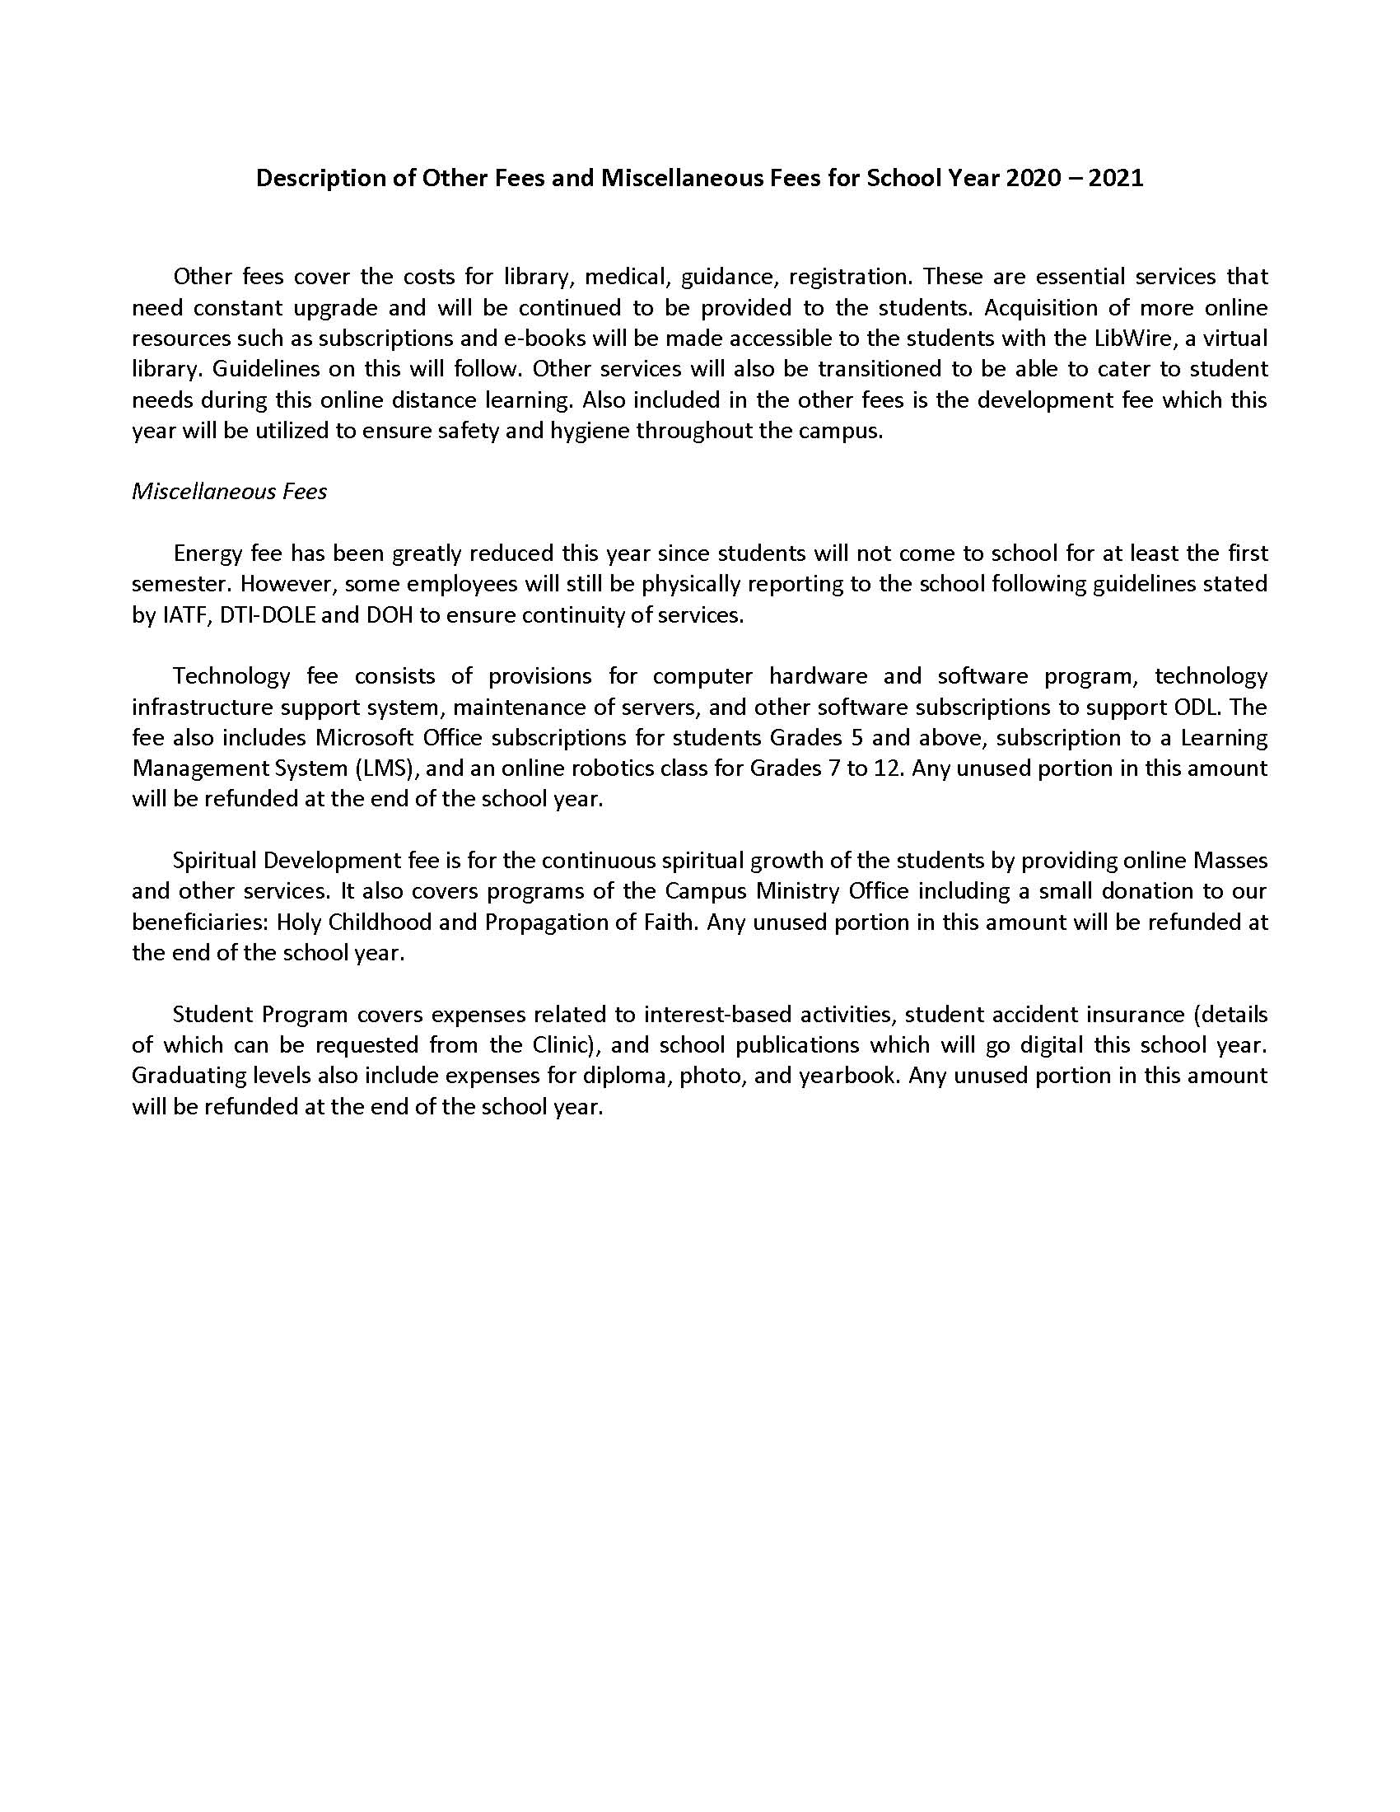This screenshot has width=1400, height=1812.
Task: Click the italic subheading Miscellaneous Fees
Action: click(230, 492)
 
